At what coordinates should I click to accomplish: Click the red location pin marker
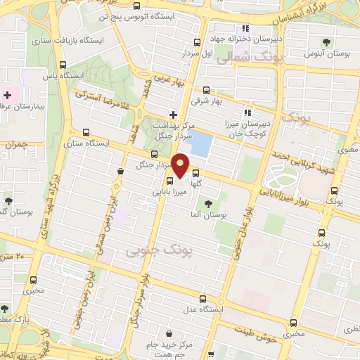coord(181,165)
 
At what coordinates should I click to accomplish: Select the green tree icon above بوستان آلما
coord(207,203)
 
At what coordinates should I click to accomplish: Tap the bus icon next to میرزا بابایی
coord(159,179)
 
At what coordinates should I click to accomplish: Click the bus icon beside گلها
coord(195,173)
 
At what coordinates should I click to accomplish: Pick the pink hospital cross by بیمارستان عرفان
coord(8,95)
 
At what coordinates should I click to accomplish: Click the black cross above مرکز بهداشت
coord(173,114)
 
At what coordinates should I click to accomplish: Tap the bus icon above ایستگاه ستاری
coord(86,131)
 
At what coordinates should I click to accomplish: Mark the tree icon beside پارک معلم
coord(5,309)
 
